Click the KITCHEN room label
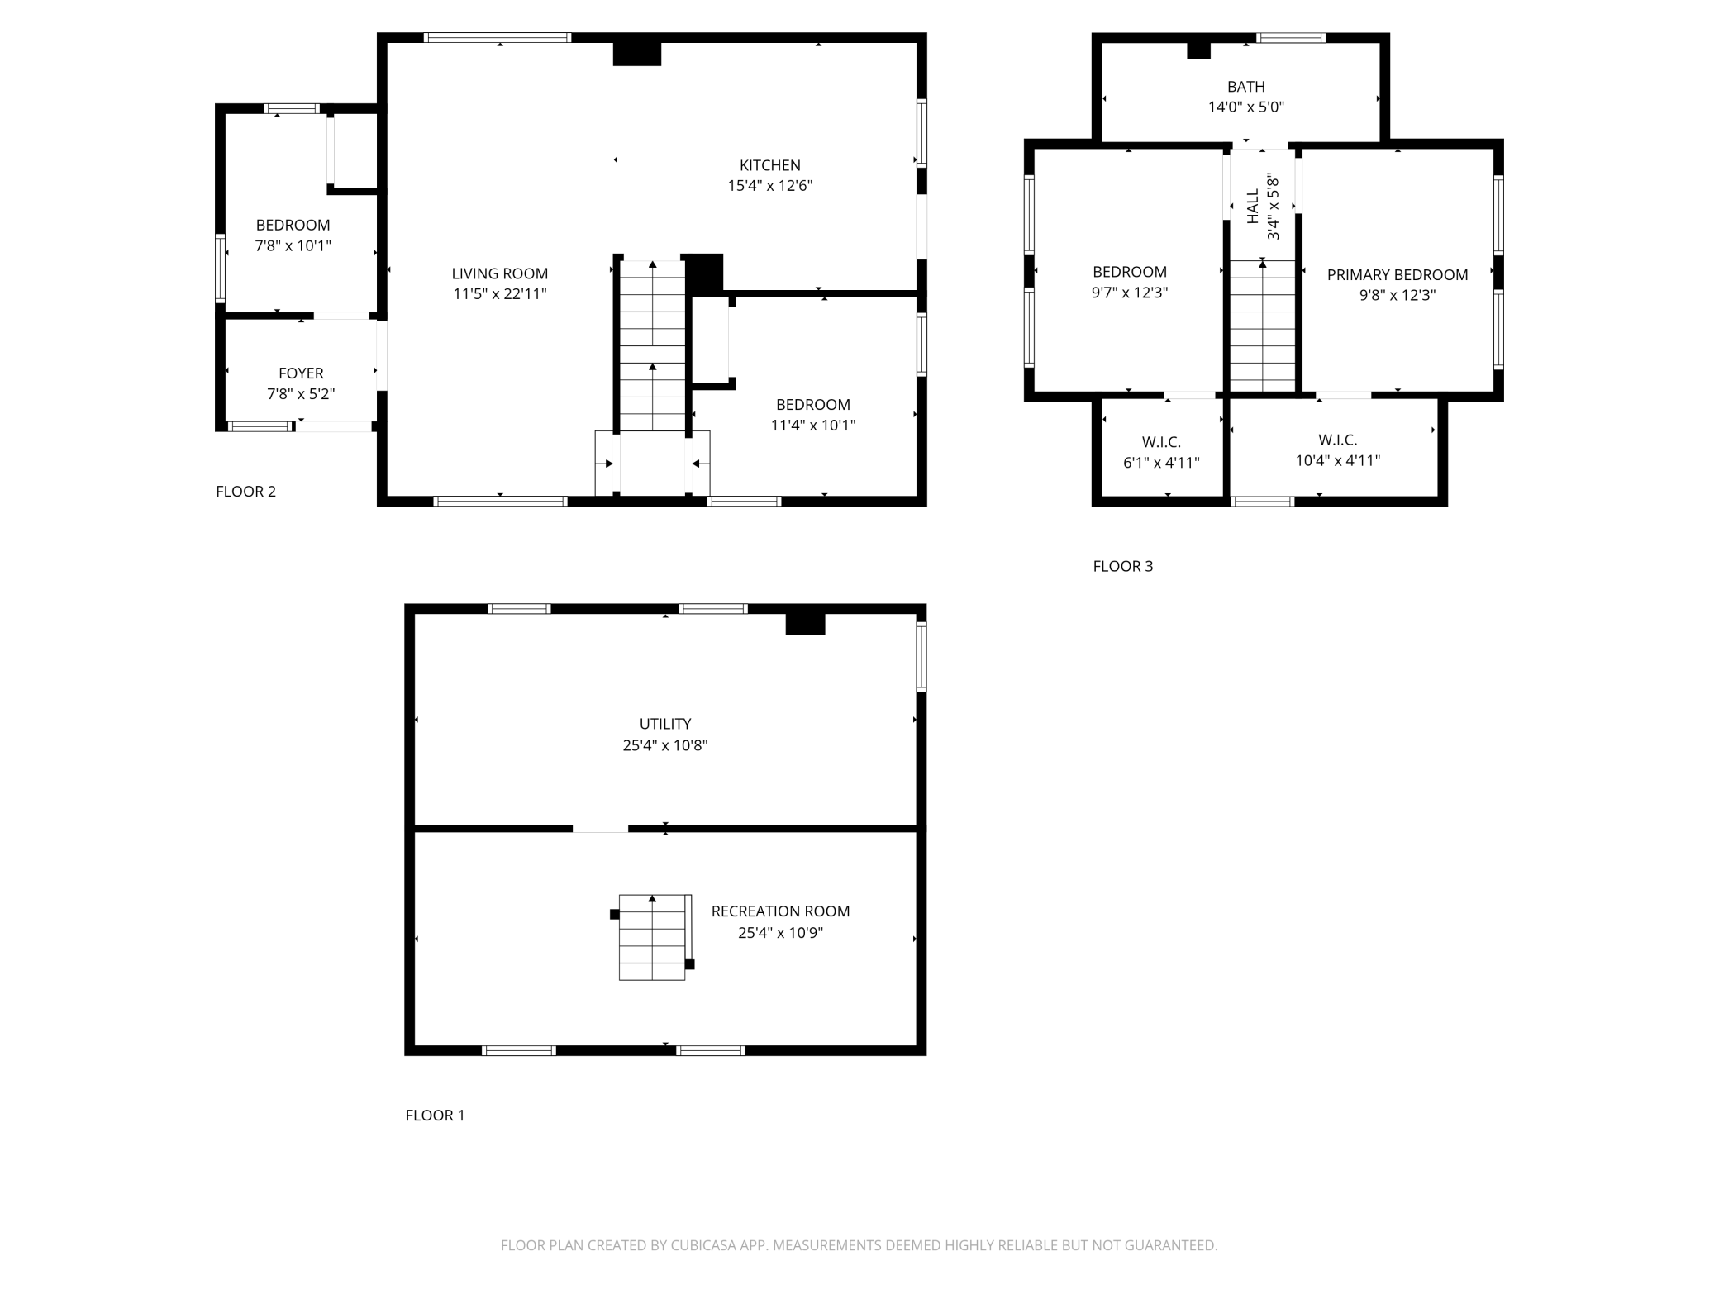(x=769, y=165)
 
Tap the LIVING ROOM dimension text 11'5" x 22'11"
(x=500, y=294)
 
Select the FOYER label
(x=301, y=373)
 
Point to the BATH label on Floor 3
(x=1245, y=87)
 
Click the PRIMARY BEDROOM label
(x=1398, y=275)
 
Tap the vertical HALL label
(x=1253, y=207)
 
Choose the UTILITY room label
(x=665, y=724)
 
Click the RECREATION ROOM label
(x=780, y=911)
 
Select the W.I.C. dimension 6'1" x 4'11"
(x=1161, y=463)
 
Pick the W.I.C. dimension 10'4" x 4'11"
(x=1338, y=461)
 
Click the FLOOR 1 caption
(x=435, y=1115)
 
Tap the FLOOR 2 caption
(x=245, y=492)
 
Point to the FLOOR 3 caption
(x=1122, y=566)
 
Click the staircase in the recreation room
(x=653, y=937)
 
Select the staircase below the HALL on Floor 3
(x=1262, y=326)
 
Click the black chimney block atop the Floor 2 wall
(x=637, y=54)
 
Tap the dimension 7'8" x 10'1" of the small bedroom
(x=293, y=246)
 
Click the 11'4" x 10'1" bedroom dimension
(x=813, y=426)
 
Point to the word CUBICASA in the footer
(x=703, y=1245)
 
